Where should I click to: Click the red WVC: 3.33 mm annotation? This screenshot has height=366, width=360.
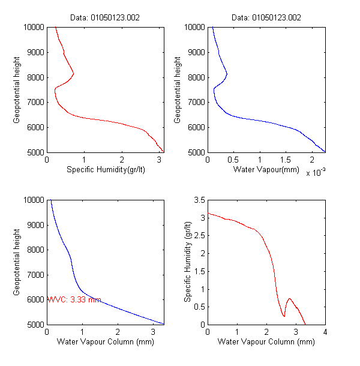click(x=74, y=299)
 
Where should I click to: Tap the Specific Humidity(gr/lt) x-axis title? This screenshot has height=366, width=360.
click(x=106, y=170)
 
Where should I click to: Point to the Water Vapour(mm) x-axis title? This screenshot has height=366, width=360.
click(x=266, y=170)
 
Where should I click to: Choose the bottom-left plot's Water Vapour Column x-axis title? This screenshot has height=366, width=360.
click(x=106, y=342)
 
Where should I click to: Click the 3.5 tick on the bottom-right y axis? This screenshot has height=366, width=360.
click(x=199, y=200)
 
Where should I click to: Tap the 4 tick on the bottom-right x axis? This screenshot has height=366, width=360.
click(x=325, y=332)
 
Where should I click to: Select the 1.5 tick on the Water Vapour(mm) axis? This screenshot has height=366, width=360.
click(x=285, y=160)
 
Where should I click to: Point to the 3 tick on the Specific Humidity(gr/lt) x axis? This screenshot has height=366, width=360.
click(x=158, y=160)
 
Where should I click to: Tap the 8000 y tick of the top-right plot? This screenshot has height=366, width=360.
click(x=194, y=77)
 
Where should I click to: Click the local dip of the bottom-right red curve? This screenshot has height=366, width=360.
click(x=284, y=316)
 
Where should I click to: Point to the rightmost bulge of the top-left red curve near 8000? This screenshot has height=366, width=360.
click(x=73, y=74)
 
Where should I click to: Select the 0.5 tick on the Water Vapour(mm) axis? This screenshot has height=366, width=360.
click(x=232, y=160)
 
